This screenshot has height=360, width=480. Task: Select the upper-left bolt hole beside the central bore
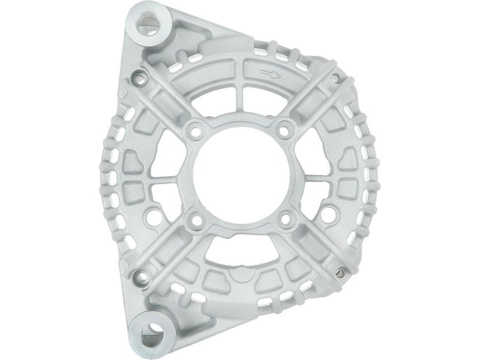[x=193, y=128]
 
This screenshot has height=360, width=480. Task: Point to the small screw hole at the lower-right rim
[x=340, y=274]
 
